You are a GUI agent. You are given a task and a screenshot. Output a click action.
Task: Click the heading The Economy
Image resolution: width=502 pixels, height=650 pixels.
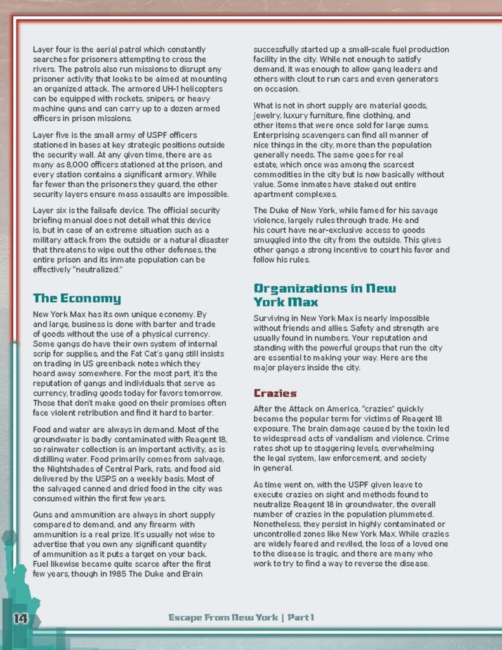pos(77,298)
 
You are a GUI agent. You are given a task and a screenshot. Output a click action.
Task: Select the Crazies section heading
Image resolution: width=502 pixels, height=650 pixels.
pos(275,394)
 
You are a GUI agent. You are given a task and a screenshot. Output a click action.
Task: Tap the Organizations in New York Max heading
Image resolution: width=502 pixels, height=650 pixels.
pos(324,295)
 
